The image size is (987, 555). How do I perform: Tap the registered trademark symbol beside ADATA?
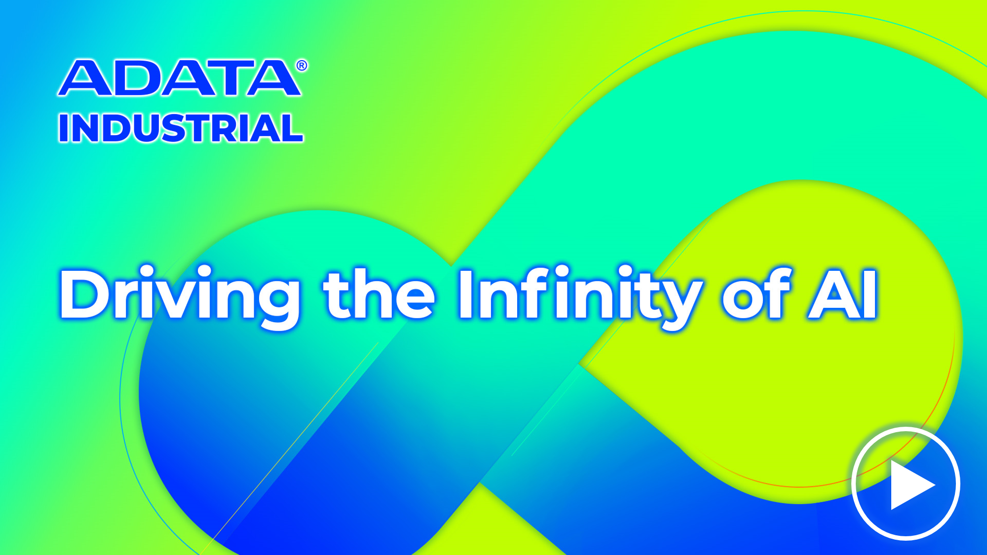(x=302, y=66)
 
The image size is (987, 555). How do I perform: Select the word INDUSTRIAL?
(x=181, y=128)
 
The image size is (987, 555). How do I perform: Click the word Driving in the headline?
(x=180, y=296)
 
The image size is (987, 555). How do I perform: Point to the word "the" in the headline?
(x=379, y=293)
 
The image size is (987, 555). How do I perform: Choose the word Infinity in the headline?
(x=580, y=296)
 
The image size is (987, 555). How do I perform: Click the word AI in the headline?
(x=843, y=294)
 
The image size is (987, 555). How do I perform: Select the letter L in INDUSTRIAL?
(x=293, y=128)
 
